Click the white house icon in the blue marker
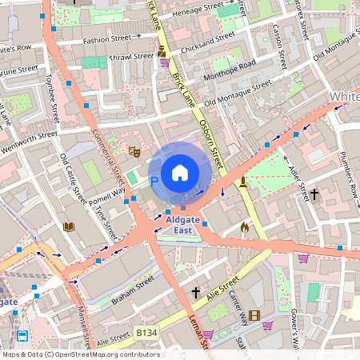point(180,173)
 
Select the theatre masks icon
point(134,150)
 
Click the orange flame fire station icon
point(245,227)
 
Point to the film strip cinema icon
point(254,315)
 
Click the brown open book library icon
point(69,226)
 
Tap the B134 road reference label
point(146,330)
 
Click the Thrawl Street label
point(131,57)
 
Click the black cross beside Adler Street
point(314,194)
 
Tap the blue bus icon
point(23,336)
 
